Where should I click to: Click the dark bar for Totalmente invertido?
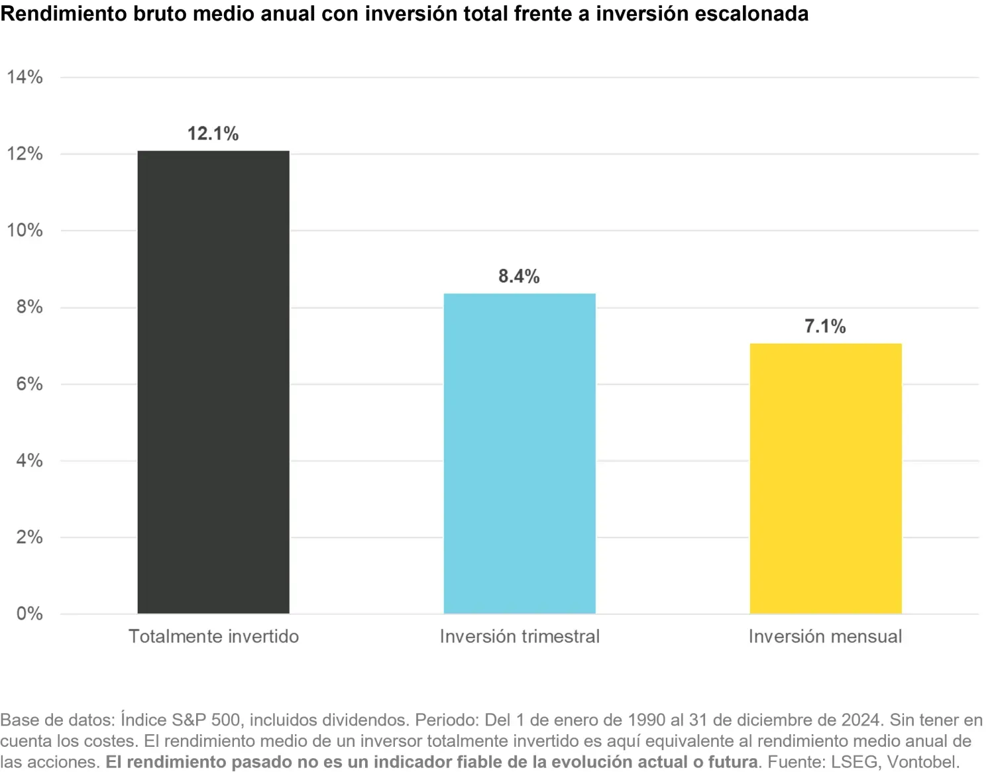(x=213, y=382)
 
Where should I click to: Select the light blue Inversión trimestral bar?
(x=520, y=453)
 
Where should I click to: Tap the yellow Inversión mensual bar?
(x=826, y=478)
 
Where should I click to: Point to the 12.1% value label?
(x=213, y=134)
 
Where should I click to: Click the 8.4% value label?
(x=519, y=276)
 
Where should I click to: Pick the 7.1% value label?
(x=825, y=327)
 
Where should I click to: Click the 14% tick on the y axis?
(x=25, y=78)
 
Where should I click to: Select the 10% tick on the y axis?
(x=25, y=231)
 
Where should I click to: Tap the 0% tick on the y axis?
(x=29, y=614)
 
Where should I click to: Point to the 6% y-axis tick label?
(x=29, y=384)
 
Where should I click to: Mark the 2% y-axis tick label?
(x=29, y=537)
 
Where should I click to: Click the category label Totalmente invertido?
(x=213, y=637)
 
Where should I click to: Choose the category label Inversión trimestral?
(x=520, y=637)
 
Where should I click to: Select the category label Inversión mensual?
(x=825, y=637)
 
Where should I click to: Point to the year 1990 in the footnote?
(x=646, y=720)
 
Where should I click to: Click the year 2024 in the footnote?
(x=862, y=720)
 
